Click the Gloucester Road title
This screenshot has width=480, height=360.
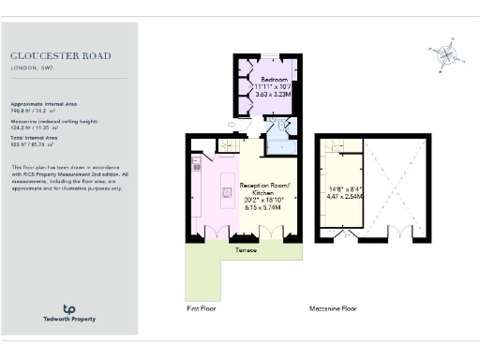[54, 54]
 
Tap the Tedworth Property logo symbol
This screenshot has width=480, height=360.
[68, 308]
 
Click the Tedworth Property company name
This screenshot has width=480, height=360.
[68, 320]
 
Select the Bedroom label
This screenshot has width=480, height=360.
[274, 80]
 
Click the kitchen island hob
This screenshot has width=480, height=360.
[227, 194]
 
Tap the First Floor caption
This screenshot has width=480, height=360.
[203, 307]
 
